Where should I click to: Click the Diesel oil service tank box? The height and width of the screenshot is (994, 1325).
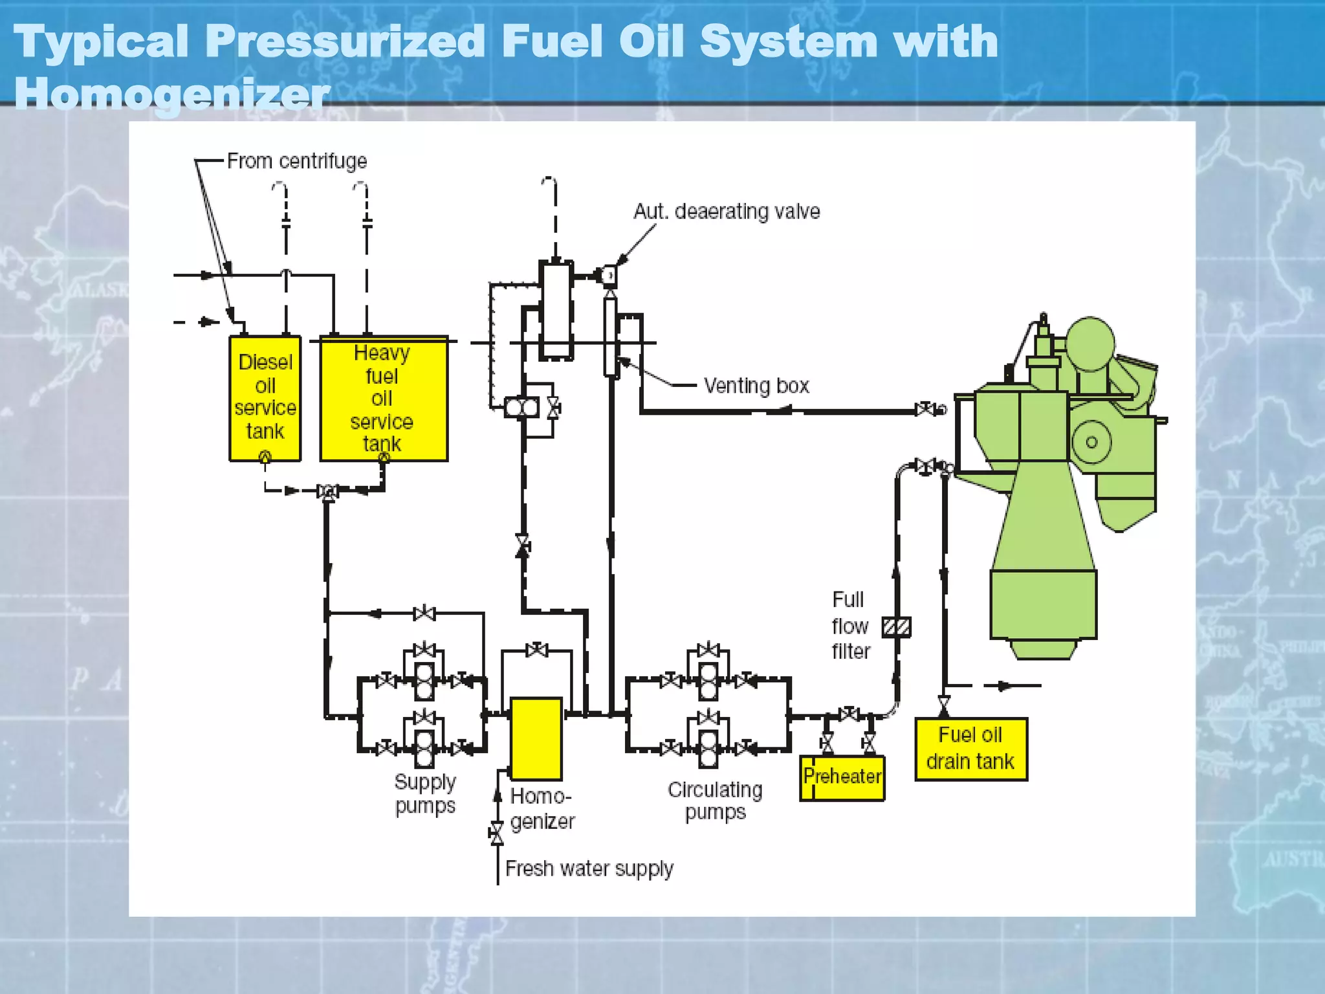pos(265,398)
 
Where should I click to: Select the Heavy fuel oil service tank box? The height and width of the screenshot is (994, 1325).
pos(384,398)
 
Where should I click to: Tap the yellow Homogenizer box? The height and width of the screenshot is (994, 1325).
pos(536,738)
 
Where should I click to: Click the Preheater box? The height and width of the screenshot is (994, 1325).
pos(842,778)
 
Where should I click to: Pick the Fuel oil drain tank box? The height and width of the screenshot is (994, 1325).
pos(970,749)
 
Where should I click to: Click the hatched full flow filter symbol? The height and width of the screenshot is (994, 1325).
pos(897,626)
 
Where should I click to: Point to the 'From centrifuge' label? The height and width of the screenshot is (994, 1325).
pos(297,160)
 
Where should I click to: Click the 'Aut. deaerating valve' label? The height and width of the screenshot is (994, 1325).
pos(726,212)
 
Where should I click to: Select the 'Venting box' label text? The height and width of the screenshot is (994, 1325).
pos(756,386)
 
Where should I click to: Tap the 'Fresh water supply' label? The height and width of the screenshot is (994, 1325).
pos(589,868)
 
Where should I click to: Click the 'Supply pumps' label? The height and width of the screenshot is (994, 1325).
pos(425,793)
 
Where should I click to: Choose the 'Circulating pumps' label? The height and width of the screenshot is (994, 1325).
pos(715,801)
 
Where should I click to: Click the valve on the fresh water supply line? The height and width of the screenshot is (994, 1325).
pos(497,833)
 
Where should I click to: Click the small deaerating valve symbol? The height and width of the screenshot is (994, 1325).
pos(609,276)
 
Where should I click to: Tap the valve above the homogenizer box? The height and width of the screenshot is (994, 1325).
pos(536,650)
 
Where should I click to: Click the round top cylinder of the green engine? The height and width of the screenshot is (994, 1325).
pos(1090,343)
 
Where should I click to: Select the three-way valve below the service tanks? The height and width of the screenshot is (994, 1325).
pos(328,492)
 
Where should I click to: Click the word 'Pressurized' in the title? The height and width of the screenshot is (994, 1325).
pos(345,41)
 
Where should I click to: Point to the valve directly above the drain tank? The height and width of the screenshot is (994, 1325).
pos(944,702)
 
